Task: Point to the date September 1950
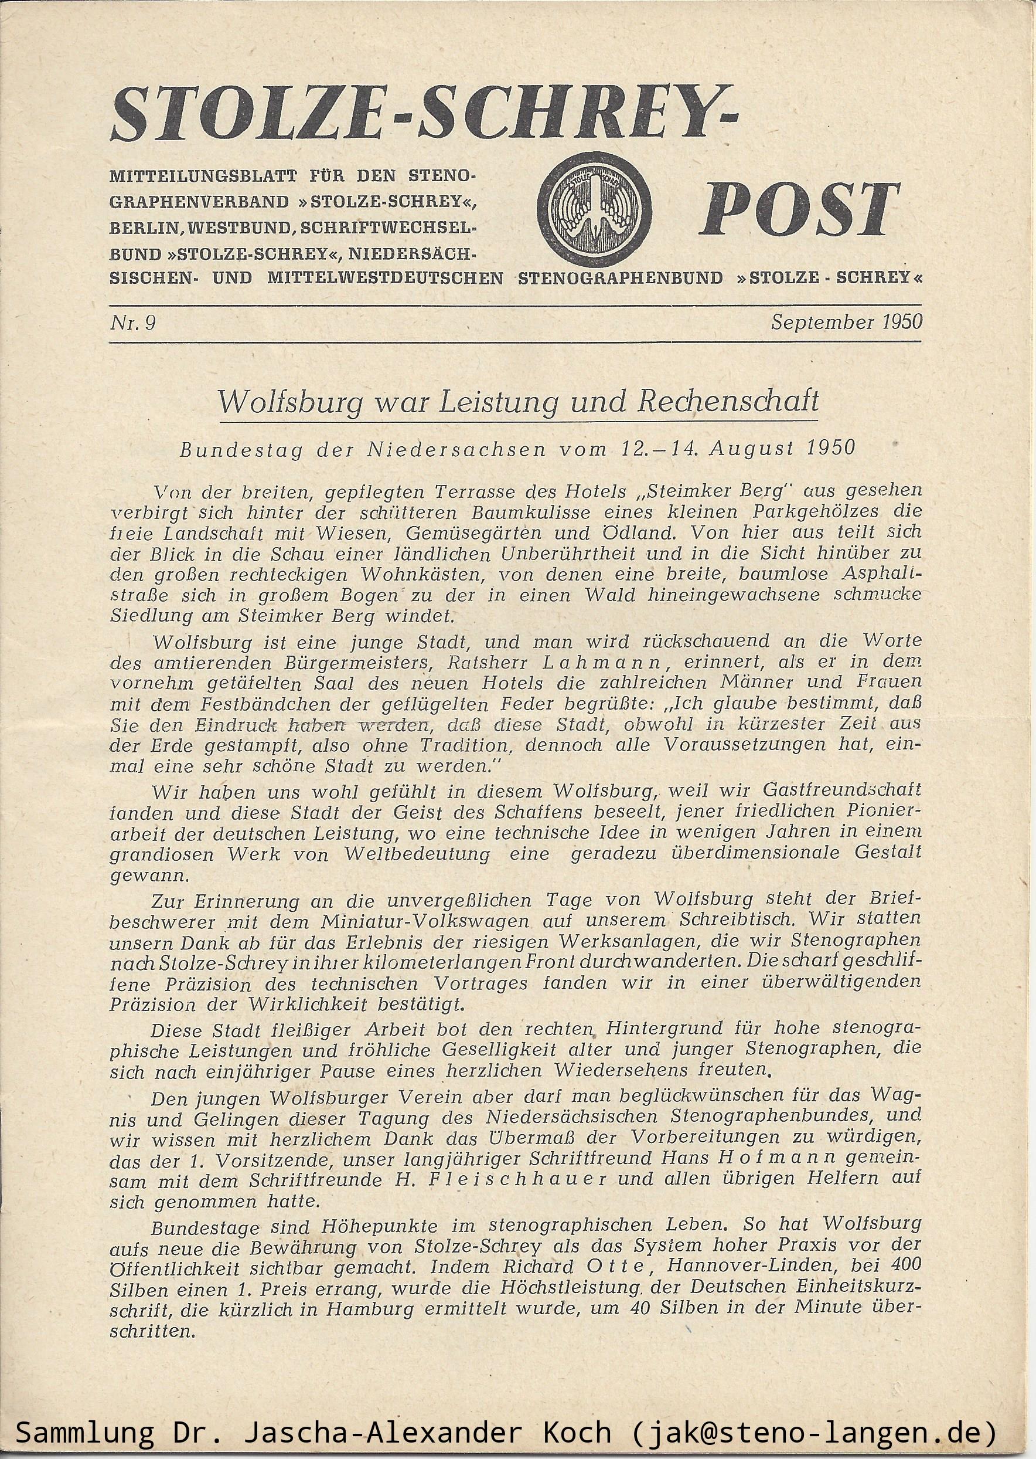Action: pyautogui.click(x=846, y=322)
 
